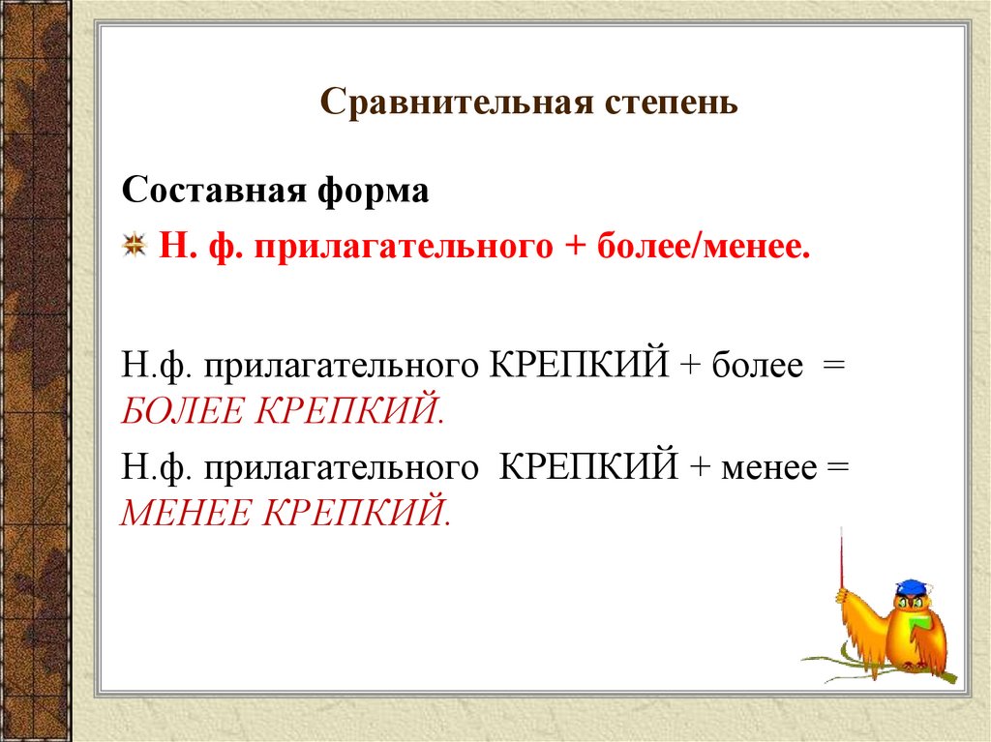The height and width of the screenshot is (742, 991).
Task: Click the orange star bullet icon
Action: (135, 246)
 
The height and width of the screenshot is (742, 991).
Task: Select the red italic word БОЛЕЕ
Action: (183, 410)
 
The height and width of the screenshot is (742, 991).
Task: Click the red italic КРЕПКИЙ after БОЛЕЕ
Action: (349, 410)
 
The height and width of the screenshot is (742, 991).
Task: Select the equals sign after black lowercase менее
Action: (838, 467)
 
